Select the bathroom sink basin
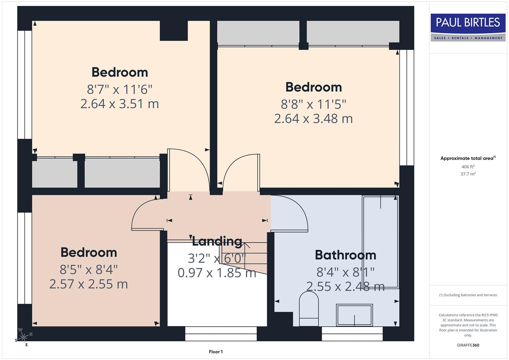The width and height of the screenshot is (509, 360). [354, 315]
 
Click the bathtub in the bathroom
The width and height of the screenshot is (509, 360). [380, 242]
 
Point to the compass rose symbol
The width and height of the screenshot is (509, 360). [23, 337]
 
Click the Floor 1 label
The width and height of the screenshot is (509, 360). [216, 352]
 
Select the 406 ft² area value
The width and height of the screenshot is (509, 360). [468, 167]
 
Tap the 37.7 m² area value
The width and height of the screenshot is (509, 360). [468, 174]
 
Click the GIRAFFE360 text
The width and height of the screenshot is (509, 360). [468, 345]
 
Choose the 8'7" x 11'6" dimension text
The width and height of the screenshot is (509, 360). [120, 89]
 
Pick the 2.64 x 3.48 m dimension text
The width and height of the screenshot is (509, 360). [313, 119]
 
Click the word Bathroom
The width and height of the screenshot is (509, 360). [345, 255]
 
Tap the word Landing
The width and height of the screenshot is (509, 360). [217, 241]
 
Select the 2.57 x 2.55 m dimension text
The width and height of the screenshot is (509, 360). [88, 284]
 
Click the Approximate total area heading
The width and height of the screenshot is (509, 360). [468, 158]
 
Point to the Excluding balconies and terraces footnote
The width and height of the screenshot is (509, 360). [468, 295]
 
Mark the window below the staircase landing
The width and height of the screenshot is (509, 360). [221, 333]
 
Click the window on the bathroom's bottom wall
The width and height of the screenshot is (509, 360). [352, 333]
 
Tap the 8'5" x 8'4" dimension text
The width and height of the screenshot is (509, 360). [88, 269]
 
